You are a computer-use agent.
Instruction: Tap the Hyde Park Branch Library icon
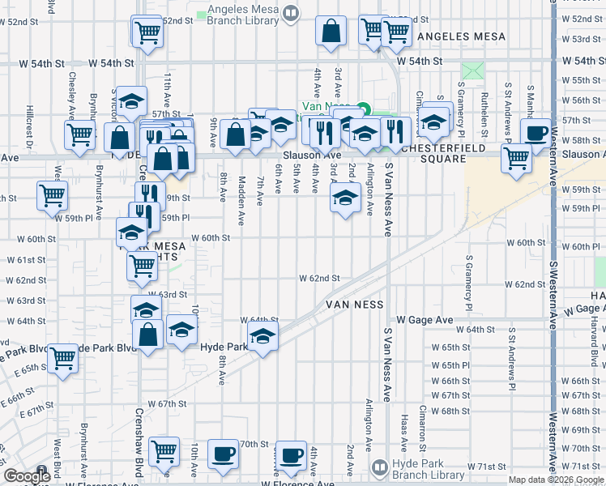378,467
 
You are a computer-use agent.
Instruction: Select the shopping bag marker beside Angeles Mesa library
332,32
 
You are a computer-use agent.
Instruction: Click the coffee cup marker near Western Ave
536,134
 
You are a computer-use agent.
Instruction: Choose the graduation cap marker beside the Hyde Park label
262,337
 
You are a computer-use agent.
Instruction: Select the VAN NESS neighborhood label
354,305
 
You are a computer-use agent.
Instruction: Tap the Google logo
27,476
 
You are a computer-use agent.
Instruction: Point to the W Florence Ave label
297,484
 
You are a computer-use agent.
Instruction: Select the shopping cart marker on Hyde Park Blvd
62,359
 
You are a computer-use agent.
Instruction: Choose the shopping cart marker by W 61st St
143,264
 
